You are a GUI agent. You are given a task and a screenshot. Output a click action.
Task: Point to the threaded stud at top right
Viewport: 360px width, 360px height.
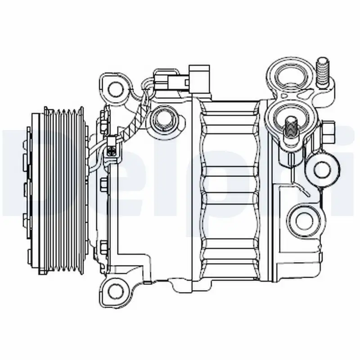323,72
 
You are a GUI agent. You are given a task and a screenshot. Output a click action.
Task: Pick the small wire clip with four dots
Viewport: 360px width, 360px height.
111,148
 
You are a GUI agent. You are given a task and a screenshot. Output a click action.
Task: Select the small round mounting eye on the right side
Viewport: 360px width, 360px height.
322,169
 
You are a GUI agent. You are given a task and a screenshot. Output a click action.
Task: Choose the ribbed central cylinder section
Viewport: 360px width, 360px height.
229,189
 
